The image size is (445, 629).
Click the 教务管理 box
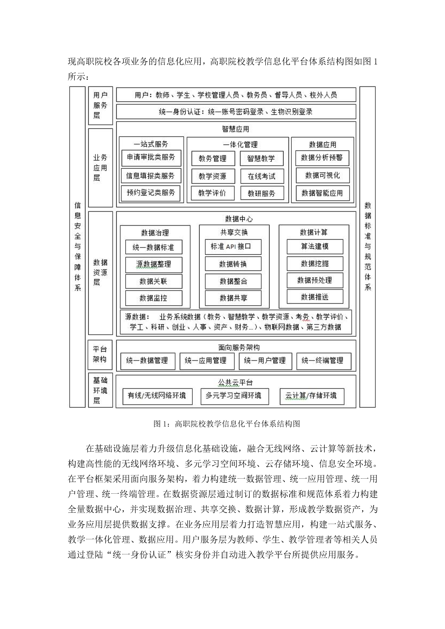(x=213, y=158)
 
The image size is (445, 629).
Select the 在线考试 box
(x=262, y=176)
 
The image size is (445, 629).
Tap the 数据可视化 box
(x=322, y=175)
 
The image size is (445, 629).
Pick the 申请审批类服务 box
(x=151, y=157)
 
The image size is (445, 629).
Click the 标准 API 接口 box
(x=233, y=247)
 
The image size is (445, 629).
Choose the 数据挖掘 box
(x=315, y=264)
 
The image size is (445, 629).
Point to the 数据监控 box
(x=154, y=298)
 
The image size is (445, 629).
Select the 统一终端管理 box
(x=324, y=361)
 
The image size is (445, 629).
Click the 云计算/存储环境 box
(x=312, y=396)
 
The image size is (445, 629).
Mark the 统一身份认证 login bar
(x=236, y=112)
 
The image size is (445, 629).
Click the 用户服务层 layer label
(x=100, y=105)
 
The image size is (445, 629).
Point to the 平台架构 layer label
(x=100, y=355)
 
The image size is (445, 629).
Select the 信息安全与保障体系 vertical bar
(x=78, y=247)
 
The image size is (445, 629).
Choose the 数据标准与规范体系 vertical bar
(x=367, y=247)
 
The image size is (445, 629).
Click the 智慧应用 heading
(x=236, y=129)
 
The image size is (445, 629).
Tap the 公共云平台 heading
(x=236, y=382)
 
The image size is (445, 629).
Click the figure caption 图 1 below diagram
(x=226, y=424)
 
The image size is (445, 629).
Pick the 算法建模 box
(x=315, y=247)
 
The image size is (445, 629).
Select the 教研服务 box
(x=262, y=193)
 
